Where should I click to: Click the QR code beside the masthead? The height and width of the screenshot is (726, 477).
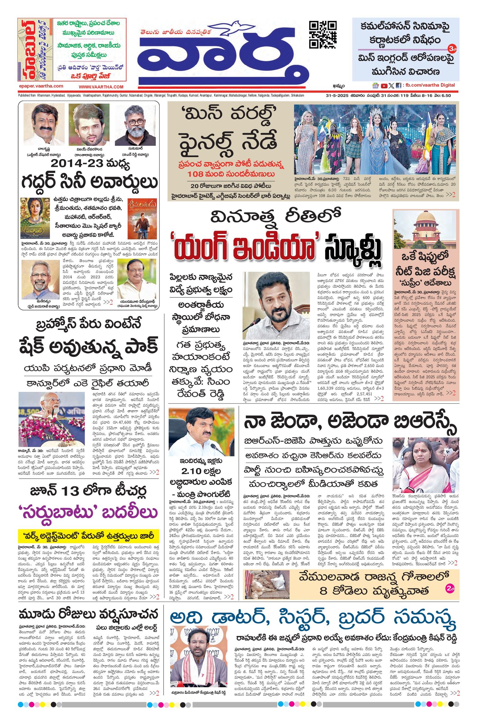pyautogui.click(x=323, y=34)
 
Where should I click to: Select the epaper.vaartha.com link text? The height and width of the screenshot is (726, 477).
pyautogui.click(x=41, y=86)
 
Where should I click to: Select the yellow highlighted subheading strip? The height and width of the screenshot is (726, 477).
pyautogui.click(x=89, y=536)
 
